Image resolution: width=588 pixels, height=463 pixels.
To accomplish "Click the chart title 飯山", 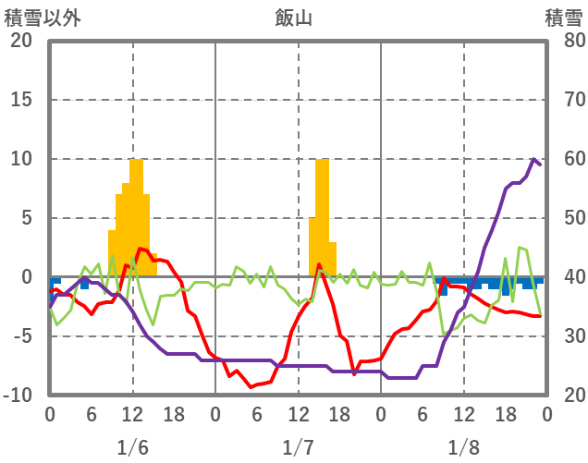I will [x=293, y=18].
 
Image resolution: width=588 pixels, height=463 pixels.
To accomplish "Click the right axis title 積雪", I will [x=564, y=18].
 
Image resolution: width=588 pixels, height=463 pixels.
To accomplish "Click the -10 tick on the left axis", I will [x=18, y=396].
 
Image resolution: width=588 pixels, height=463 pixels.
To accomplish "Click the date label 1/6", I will [x=132, y=447].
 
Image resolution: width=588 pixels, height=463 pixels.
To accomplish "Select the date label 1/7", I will [x=298, y=447].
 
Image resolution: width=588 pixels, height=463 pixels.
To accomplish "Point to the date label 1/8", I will [x=463, y=447].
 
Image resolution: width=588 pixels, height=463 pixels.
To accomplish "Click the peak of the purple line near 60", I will [x=533, y=159].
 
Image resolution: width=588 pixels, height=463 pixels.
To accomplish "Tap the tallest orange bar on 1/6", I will [x=136, y=217].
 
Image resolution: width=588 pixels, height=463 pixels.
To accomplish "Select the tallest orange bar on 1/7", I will [x=322, y=217].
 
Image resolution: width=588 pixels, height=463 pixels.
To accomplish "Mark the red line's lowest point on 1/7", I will [x=251, y=386].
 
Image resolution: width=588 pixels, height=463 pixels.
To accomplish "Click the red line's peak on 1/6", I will [x=140, y=248].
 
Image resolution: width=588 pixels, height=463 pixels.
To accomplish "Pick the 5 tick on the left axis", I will [x=26, y=218].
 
